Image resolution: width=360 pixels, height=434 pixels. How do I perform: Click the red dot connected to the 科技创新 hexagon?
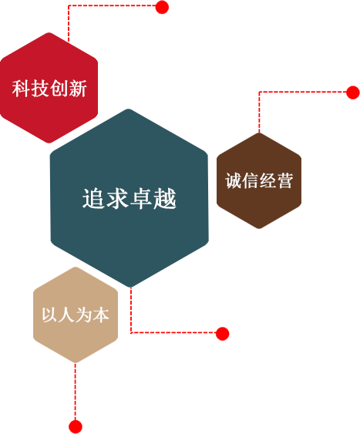(x=162, y=7)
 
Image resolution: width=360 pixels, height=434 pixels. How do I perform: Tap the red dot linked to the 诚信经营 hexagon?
(x=353, y=93)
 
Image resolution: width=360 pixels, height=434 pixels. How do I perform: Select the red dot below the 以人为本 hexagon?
(x=76, y=426)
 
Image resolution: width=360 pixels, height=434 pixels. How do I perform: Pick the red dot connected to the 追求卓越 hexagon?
(x=223, y=334)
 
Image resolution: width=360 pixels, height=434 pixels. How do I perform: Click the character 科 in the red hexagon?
(x=21, y=89)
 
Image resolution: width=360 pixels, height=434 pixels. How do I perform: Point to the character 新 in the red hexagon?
(x=78, y=89)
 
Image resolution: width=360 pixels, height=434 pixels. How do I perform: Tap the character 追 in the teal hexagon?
(x=93, y=198)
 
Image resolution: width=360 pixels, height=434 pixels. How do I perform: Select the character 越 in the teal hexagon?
(x=165, y=198)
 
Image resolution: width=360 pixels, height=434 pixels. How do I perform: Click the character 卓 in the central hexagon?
(x=141, y=198)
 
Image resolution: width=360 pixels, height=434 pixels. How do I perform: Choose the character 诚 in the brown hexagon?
(x=234, y=180)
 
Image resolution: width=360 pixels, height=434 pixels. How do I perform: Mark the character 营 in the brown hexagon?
(x=284, y=180)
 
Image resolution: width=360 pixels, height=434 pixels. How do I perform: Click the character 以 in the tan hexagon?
(x=50, y=315)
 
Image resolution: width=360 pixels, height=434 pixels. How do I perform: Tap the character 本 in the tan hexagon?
(x=101, y=315)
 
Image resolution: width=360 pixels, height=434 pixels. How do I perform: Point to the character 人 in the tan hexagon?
(x=67, y=315)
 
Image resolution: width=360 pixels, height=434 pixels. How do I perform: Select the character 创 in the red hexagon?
(x=59, y=89)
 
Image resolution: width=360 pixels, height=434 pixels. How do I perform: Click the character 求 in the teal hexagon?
(x=117, y=198)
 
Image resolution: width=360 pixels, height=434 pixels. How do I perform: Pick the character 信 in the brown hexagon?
(x=251, y=180)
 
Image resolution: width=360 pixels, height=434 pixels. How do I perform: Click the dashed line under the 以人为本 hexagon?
(x=76, y=392)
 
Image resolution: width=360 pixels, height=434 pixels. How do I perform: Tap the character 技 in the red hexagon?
(x=40, y=89)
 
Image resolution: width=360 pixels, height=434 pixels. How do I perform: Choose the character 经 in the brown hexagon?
(x=267, y=180)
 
